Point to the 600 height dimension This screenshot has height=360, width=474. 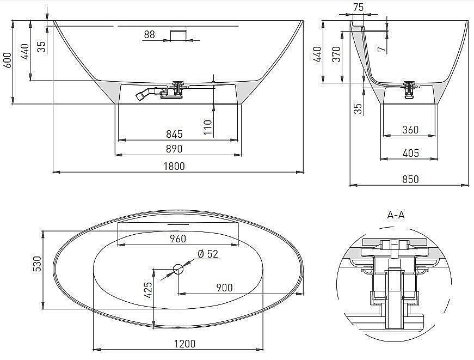pos(7,59)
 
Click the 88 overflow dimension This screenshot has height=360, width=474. pos(150,35)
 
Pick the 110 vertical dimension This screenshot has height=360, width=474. pos(207,127)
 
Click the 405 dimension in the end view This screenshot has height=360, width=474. pos(410,153)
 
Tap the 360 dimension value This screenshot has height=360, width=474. pos(410,129)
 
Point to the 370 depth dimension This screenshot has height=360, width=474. pos(336,54)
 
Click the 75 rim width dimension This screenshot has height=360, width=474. pos(358,7)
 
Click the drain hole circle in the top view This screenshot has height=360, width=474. pos(178,269)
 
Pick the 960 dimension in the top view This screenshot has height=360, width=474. pos(177,239)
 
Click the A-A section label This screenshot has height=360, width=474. pos(396,215)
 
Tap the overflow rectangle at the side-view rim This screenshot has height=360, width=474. pos(178,35)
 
